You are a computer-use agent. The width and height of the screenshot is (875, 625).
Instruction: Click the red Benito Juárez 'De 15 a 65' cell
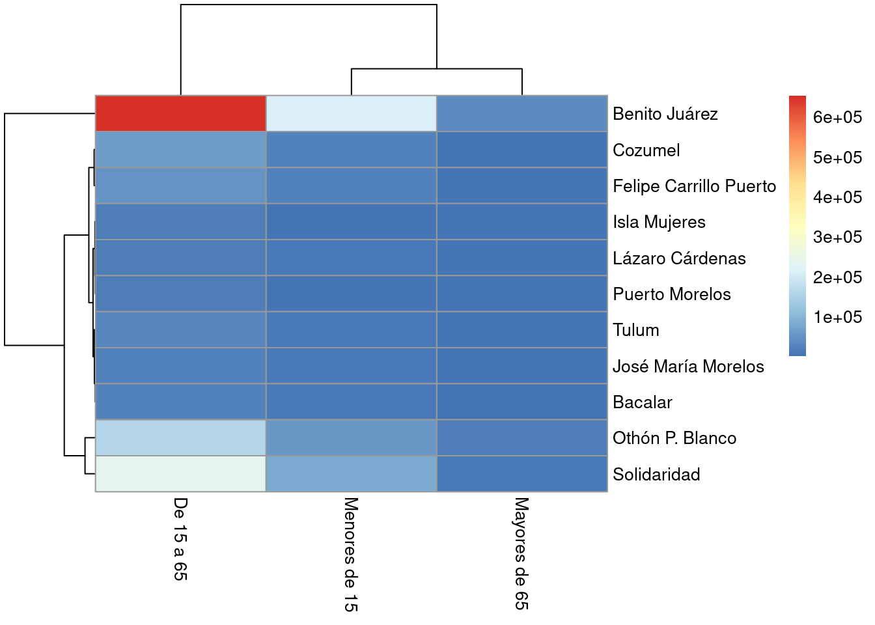pyautogui.click(x=180, y=114)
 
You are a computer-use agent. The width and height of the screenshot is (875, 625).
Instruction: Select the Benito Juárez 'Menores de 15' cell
pyautogui.click(x=351, y=114)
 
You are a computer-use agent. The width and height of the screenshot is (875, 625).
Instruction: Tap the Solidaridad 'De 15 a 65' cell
pyautogui.click(x=180, y=474)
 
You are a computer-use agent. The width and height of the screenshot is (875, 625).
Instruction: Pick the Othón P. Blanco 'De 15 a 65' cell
pyautogui.click(x=180, y=438)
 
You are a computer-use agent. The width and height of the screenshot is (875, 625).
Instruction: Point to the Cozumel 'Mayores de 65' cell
pyautogui.click(x=521, y=150)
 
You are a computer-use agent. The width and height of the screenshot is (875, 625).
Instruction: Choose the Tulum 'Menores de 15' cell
pyautogui.click(x=351, y=330)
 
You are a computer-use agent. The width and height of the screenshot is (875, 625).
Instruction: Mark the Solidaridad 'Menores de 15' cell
pyautogui.click(x=351, y=474)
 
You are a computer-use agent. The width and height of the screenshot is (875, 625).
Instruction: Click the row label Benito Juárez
pyautogui.click(x=665, y=114)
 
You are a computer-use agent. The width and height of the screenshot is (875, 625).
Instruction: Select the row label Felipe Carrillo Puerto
pyautogui.click(x=694, y=186)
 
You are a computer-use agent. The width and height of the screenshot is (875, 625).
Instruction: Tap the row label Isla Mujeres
pyautogui.click(x=659, y=222)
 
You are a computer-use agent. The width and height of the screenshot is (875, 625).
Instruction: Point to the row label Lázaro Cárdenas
pyautogui.click(x=679, y=258)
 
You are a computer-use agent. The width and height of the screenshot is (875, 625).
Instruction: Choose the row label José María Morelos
pyautogui.click(x=688, y=367)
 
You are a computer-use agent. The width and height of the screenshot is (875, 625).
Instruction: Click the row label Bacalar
pyautogui.click(x=642, y=402)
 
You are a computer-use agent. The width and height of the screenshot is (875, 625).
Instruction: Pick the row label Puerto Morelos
pyautogui.click(x=671, y=294)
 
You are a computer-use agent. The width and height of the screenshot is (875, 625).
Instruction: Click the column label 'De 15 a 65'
pyautogui.click(x=180, y=538)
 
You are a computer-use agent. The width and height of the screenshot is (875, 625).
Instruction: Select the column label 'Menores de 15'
pyautogui.click(x=351, y=554)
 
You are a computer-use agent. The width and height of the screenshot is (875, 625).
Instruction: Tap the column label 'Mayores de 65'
pyautogui.click(x=521, y=553)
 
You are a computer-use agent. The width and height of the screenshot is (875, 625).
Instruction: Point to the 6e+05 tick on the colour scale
pyautogui.click(x=837, y=117)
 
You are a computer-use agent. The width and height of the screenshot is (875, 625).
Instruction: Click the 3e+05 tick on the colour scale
pyautogui.click(x=837, y=237)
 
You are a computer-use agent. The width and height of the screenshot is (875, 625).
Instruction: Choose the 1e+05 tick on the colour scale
pyautogui.click(x=837, y=317)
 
